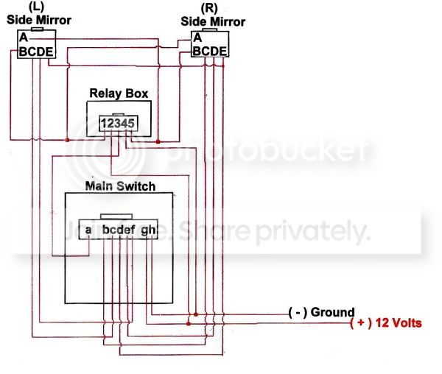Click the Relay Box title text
tap(119, 93)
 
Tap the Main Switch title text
tap(120, 186)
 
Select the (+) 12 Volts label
tap(386, 323)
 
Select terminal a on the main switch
tap(88, 230)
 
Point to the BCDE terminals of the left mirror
tap(36, 52)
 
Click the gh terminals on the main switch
tap(148, 230)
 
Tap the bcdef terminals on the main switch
tap(119, 230)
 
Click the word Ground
tap(332, 312)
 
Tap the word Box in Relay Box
tap(137, 93)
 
